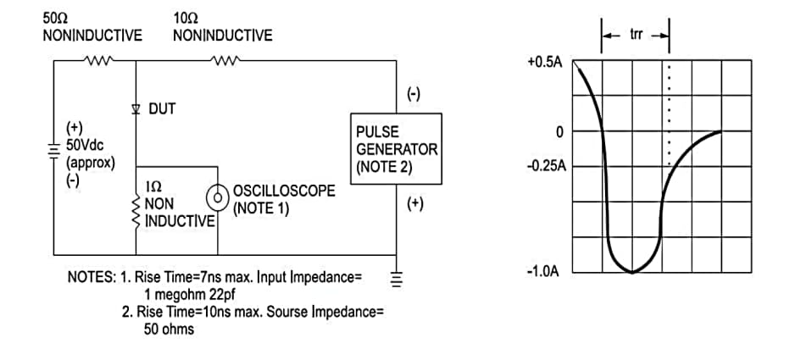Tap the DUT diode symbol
(x=136, y=109)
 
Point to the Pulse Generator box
(x=396, y=150)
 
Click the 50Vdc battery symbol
(x=54, y=147)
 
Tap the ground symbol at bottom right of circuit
(x=394, y=276)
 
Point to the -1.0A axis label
(x=544, y=272)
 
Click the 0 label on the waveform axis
(x=559, y=133)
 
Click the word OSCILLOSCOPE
(x=283, y=191)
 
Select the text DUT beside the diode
(x=162, y=109)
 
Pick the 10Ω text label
(x=186, y=18)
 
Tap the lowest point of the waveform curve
(x=632, y=272)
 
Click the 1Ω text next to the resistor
(x=154, y=185)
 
